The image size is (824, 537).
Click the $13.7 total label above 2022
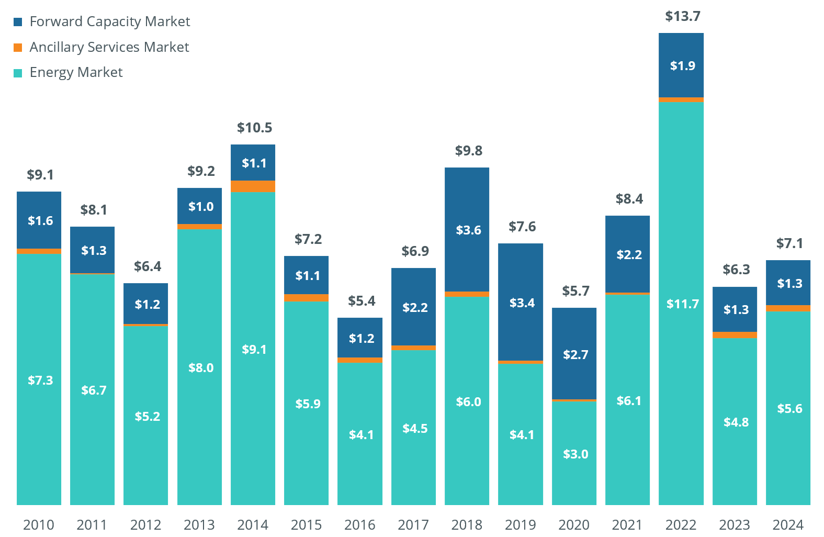click(682, 16)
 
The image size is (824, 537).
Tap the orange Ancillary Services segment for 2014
click(253, 186)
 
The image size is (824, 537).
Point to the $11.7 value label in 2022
click(682, 304)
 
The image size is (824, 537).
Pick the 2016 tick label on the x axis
click(359, 524)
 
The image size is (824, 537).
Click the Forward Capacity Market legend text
click(109, 21)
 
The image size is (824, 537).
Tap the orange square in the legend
click(18, 48)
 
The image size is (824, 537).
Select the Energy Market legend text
click(76, 72)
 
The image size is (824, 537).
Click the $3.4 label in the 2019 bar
click(522, 303)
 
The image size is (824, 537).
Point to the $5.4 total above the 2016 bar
click(362, 301)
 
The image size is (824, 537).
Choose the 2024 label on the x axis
click(788, 524)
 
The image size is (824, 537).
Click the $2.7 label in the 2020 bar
click(575, 355)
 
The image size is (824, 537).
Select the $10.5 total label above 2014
click(254, 128)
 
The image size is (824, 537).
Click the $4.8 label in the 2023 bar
click(736, 422)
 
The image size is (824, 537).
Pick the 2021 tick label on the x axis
click(627, 524)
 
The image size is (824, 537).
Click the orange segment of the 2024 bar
click(788, 308)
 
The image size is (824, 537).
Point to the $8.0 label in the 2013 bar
click(201, 368)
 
